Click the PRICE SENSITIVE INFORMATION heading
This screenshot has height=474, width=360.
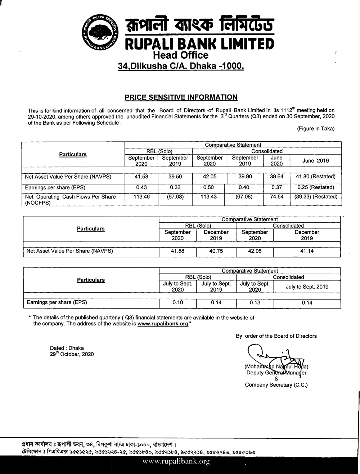click(181, 97)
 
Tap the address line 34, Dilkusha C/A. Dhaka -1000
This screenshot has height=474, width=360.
click(181, 66)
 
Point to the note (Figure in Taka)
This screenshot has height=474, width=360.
click(315, 129)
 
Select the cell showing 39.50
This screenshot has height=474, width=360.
click(175, 177)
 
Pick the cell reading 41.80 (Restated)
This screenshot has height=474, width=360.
click(315, 177)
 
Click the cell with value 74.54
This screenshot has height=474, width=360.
click(276, 197)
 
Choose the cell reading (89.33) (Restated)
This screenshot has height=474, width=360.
click(315, 197)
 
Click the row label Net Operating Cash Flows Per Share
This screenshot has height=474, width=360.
click(71, 197)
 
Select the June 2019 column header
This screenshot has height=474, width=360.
click(315, 161)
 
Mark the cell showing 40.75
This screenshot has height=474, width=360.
click(216, 251)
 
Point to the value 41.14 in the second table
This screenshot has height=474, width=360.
click(307, 251)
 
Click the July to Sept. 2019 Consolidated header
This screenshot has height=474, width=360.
click(307, 287)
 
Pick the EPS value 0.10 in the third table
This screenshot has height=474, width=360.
click(177, 302)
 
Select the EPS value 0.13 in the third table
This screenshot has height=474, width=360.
click(255, 302)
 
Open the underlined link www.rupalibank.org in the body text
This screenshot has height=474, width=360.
click(163, 324)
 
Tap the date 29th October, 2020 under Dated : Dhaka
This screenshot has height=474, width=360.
click(72, 354)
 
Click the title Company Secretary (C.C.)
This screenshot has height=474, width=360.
click(276, 385)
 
